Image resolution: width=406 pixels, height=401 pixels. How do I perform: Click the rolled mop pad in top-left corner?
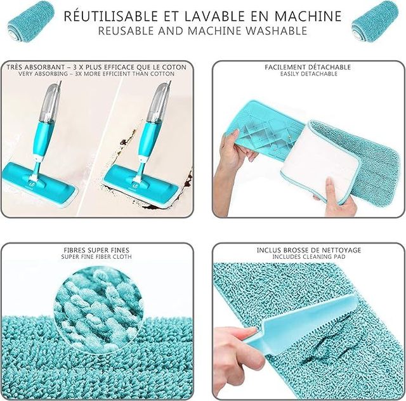[x=31, y=19]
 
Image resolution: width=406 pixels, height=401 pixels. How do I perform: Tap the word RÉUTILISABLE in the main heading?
[x=108, y=16]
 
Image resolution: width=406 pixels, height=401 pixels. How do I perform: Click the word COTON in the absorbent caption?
[x=173, y=67]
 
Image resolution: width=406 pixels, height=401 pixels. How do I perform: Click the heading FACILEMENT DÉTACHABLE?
[x=309, y=67]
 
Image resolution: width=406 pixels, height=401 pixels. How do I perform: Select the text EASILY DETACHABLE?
[x=309, y=74]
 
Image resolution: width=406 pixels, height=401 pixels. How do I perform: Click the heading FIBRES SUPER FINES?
[x=96, y=250]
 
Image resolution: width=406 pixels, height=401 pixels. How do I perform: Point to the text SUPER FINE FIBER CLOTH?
[x=96, y=257]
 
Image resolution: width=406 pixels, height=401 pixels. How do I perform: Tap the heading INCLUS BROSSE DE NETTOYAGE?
[x=309, y=250]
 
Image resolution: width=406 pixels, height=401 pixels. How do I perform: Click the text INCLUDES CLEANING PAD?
[x=309, y=257]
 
